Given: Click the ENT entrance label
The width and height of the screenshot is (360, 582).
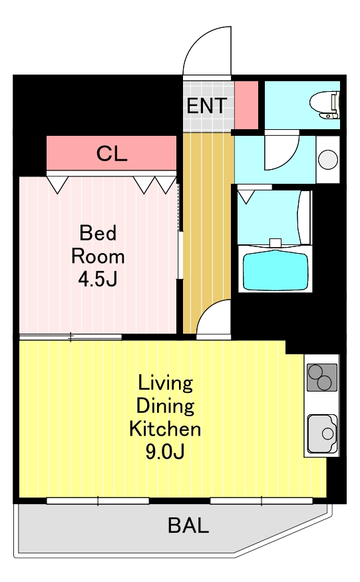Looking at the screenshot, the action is (206, 106).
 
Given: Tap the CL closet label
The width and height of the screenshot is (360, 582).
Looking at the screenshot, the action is (112, 153).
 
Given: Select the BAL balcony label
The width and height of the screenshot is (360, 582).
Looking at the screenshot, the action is (188, 525).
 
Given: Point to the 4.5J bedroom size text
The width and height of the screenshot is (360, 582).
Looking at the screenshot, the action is (98, 279).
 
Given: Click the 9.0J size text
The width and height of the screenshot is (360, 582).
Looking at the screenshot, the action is (165, 451).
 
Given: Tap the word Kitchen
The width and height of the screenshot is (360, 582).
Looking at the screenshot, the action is (165, 429).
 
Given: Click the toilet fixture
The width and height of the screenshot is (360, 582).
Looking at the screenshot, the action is (325, 105).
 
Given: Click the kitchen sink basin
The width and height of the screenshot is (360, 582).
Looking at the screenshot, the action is (322, 434).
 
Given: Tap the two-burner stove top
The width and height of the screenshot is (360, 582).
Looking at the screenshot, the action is (322, 378).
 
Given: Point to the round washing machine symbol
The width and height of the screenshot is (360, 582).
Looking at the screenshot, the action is (328, 159).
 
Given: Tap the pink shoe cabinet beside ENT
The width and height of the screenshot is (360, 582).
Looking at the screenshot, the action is (246, 105).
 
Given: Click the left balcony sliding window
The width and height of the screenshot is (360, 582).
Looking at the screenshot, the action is (98, 501).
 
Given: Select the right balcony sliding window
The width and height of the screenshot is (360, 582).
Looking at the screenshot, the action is (262, 501).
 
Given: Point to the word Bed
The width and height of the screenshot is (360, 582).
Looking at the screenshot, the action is (98, 232).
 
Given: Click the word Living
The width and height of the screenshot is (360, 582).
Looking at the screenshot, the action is (165, 384).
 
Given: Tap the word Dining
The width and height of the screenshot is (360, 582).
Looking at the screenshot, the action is (165, 406).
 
